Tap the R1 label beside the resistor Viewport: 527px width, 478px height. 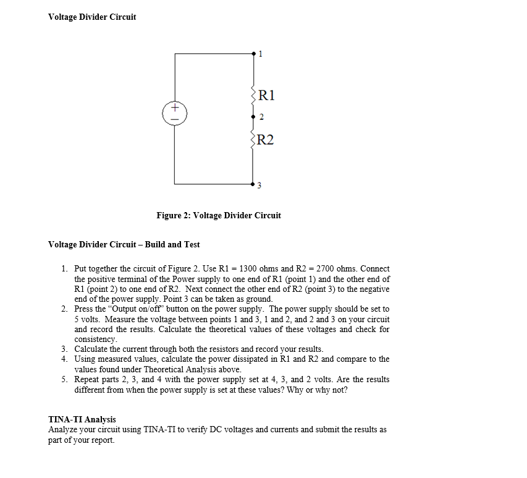[266, 95]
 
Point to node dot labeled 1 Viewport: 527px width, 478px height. [253, 54]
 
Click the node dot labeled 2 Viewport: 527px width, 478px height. [253, 116]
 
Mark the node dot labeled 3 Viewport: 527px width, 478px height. [253, 184]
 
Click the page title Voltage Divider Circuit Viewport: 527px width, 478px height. [92, 17]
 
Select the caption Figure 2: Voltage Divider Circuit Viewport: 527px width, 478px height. [219, 215]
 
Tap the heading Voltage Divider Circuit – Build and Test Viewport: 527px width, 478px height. [124, 244]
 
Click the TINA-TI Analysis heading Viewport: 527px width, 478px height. [82, 419]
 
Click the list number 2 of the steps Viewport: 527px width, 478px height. [64, 309]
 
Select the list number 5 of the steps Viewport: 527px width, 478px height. [64, 379]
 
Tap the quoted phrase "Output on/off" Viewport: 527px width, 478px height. [133, 309]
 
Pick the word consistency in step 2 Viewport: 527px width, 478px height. [95, 339]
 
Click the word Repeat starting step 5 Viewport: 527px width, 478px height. [86, 379]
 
